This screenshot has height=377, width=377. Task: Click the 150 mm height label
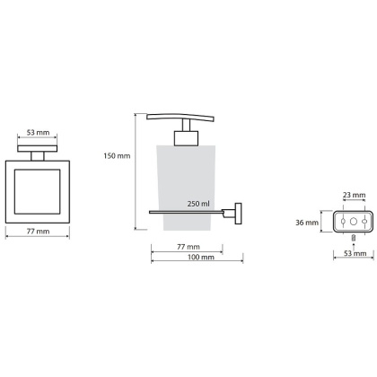tap(117, 156)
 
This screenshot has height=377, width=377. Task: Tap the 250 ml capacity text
tap(198, 204)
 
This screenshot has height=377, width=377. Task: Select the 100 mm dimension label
tap(201, 257)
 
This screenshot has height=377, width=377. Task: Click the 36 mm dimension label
tap(307, 223)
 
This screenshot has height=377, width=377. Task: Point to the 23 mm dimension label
tap(355, 195)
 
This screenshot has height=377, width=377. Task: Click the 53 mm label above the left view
tap(38, 132)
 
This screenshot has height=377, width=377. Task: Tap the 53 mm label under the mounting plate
tap(355, 253)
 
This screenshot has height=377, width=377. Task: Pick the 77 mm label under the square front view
tap(38, 232)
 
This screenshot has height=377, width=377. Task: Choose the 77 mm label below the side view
tap(188, 247)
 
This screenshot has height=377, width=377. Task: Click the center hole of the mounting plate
tap(354, 222)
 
